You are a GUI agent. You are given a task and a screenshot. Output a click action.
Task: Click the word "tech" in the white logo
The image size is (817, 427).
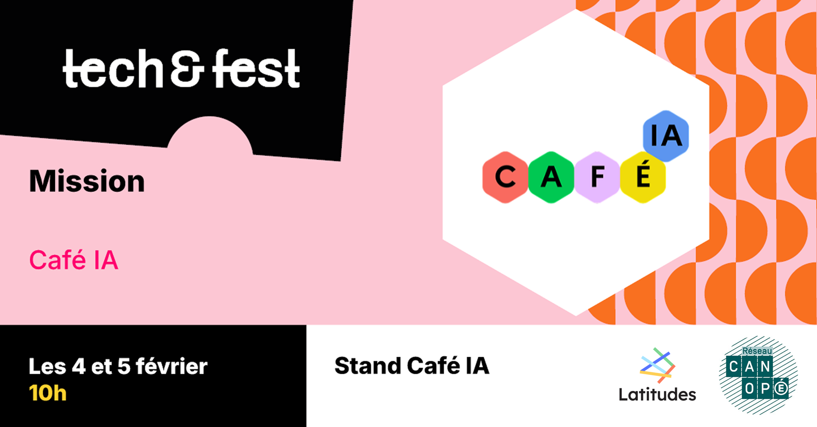[x=113, y=69]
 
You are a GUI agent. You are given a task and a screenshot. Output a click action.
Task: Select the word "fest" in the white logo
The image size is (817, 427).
[x=256, y=68]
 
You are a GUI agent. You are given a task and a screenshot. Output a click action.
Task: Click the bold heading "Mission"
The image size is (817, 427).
[x=87, y=181]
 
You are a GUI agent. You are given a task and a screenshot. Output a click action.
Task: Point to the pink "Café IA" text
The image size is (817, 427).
[x=74, y=260]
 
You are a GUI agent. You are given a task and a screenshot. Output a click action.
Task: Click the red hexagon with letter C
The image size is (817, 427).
[x=505, y=177]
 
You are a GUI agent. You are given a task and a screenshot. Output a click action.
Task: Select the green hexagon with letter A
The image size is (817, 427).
[x=551, y=177]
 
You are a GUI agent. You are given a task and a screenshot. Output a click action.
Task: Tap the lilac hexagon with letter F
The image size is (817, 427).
[x=597, y=177]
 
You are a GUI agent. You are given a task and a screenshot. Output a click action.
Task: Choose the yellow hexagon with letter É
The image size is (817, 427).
[x=643, y=177]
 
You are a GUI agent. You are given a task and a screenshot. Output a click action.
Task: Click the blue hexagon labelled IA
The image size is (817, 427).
[x=666, y=136]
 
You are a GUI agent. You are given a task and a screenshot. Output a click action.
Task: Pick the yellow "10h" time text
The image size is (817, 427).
[x=48, y=393]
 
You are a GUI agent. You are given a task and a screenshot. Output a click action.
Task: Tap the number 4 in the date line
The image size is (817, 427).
[x=79, y=367]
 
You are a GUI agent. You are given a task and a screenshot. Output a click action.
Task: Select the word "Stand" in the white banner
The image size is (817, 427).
[x=368, y=366]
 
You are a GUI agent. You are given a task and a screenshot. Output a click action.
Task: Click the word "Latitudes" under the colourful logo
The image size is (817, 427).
[x=657, y=394]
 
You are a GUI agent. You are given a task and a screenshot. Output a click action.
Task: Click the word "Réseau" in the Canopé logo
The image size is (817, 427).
[x=757, y=351]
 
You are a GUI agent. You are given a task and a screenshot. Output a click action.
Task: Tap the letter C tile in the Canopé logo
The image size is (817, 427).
[x=734, y=367]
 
